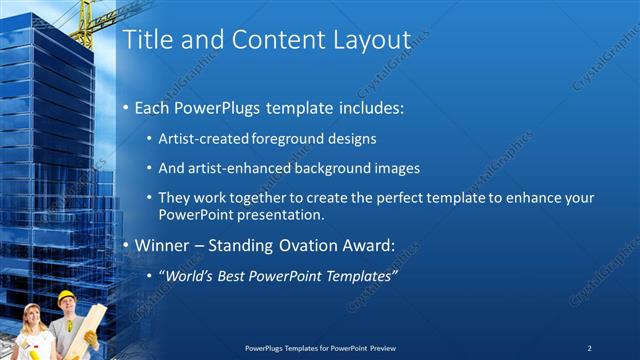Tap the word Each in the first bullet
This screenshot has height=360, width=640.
point(154,106)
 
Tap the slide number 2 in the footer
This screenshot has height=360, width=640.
point(589,347)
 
